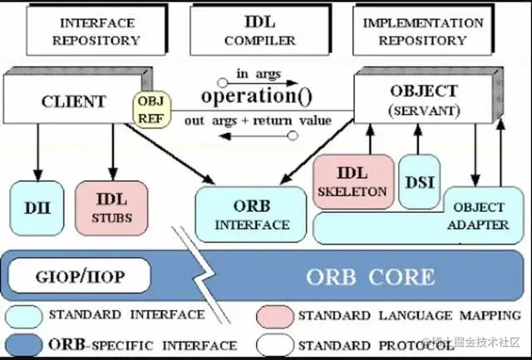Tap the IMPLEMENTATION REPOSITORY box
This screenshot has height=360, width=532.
point(425,31)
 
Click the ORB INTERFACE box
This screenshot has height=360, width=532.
point(251,214)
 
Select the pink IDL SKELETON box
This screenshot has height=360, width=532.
point(352,181)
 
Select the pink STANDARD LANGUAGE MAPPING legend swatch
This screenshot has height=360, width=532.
point(273,315)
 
